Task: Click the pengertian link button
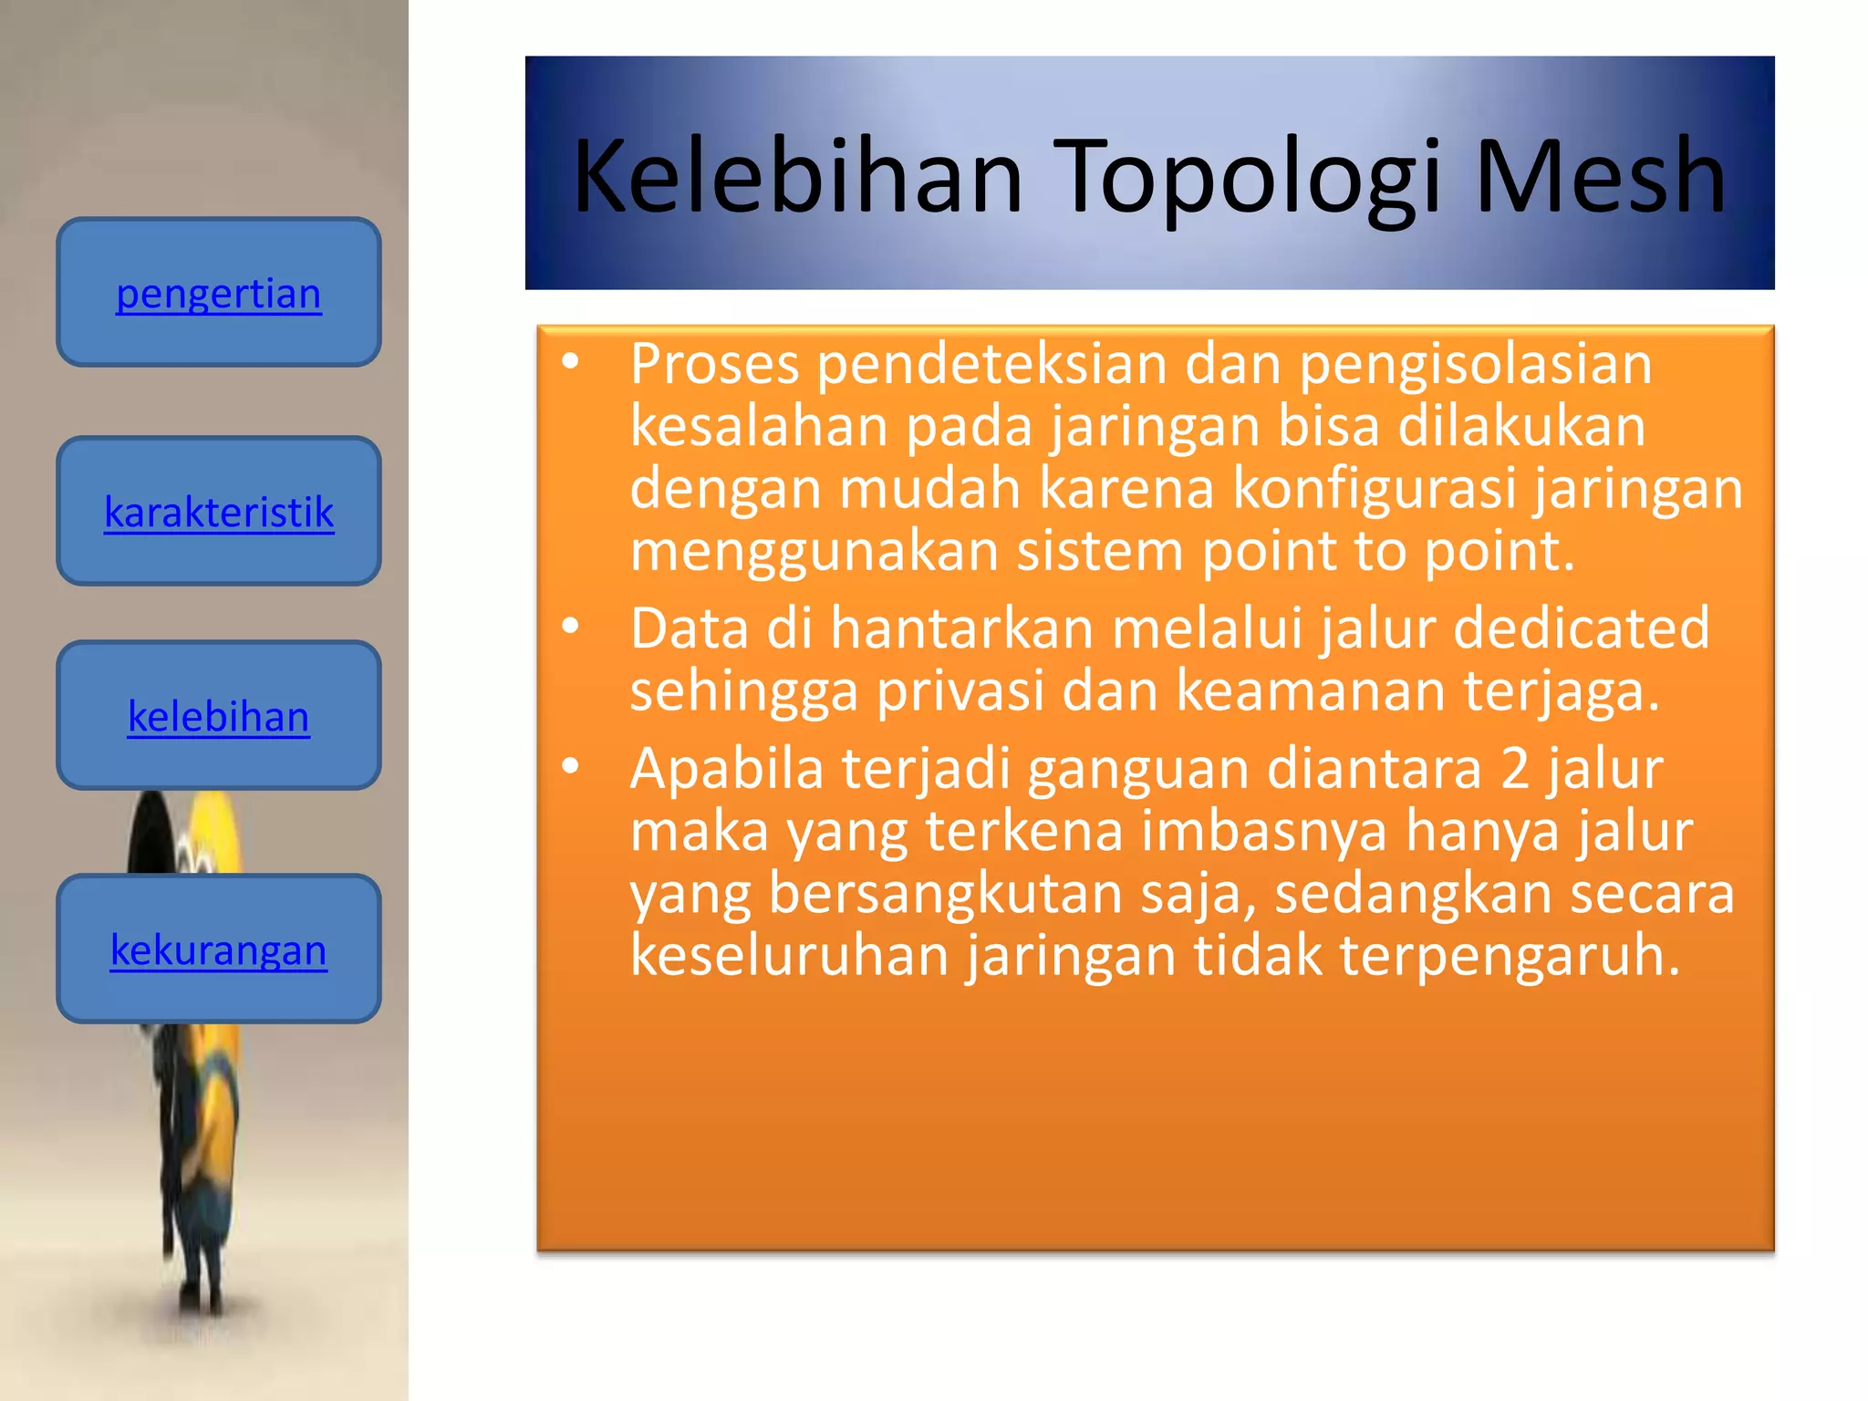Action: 219,294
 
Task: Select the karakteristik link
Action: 219,512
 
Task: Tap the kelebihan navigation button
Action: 219,716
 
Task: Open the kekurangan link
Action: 219,950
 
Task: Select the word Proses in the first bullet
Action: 715,365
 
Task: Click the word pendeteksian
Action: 991,365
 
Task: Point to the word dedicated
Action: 1581,628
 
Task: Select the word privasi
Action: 960,691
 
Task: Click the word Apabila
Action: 727,769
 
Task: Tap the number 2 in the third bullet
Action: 1515,769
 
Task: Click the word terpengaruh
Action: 1510,956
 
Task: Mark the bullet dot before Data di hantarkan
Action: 571,627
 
